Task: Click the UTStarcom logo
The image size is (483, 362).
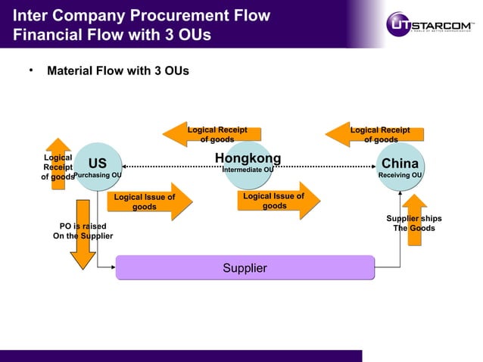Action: coord(432,23)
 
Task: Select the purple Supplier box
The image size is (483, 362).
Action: coord(245,268)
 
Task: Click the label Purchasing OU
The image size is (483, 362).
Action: coord(98,175)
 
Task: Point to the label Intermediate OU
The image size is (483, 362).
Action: coord(248,170)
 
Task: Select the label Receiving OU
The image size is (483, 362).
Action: coord(400,175)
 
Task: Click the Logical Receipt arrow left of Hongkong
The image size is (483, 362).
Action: coord(207,134)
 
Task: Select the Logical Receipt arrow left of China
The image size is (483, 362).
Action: coord(371,134)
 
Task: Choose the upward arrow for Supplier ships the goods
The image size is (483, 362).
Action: coord(414,220)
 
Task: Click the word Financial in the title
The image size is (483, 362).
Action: coord(44,35)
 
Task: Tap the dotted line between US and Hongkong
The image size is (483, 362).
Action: coord(167,165)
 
